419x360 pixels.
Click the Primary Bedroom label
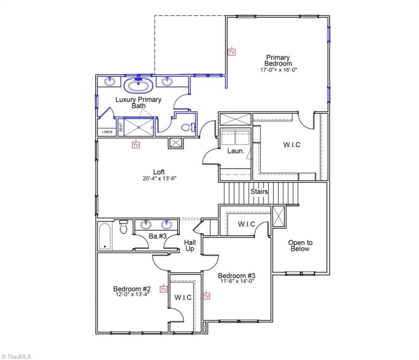click(278, 60)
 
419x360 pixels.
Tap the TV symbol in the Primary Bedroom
click(231, 52)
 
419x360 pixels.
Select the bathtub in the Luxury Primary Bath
click(138, 86)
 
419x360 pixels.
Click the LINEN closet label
click(107, 132)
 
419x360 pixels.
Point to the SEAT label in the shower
click(120, 127)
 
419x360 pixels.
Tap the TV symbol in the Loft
click(136, 145)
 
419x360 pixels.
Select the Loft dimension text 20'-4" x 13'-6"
click(159, 178)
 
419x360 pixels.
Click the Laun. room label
click(235, 151)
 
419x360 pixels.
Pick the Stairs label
click(259, 192)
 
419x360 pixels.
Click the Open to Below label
click(300, 246)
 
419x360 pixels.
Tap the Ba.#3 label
click(158, 236)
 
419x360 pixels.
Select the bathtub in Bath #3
click(105, 236)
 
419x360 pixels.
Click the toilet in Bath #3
click(124, 227)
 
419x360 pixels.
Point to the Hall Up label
click(189, 245)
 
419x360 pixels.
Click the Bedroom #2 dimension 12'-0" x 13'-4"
click(132, 295)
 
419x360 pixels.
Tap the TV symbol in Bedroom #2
click(164, 289)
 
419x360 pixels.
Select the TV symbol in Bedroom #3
click(206, 295)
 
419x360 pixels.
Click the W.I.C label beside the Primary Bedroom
click(292, 145)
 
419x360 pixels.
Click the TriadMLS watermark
click(16, 356)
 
